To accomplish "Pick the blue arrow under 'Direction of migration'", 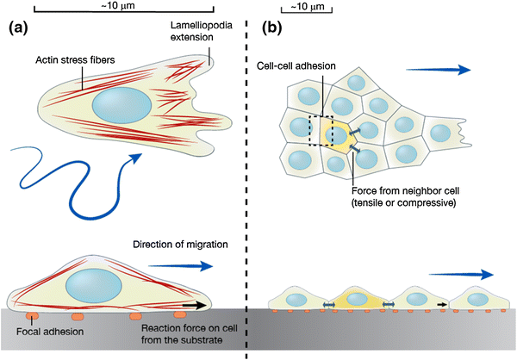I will [181, 266].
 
